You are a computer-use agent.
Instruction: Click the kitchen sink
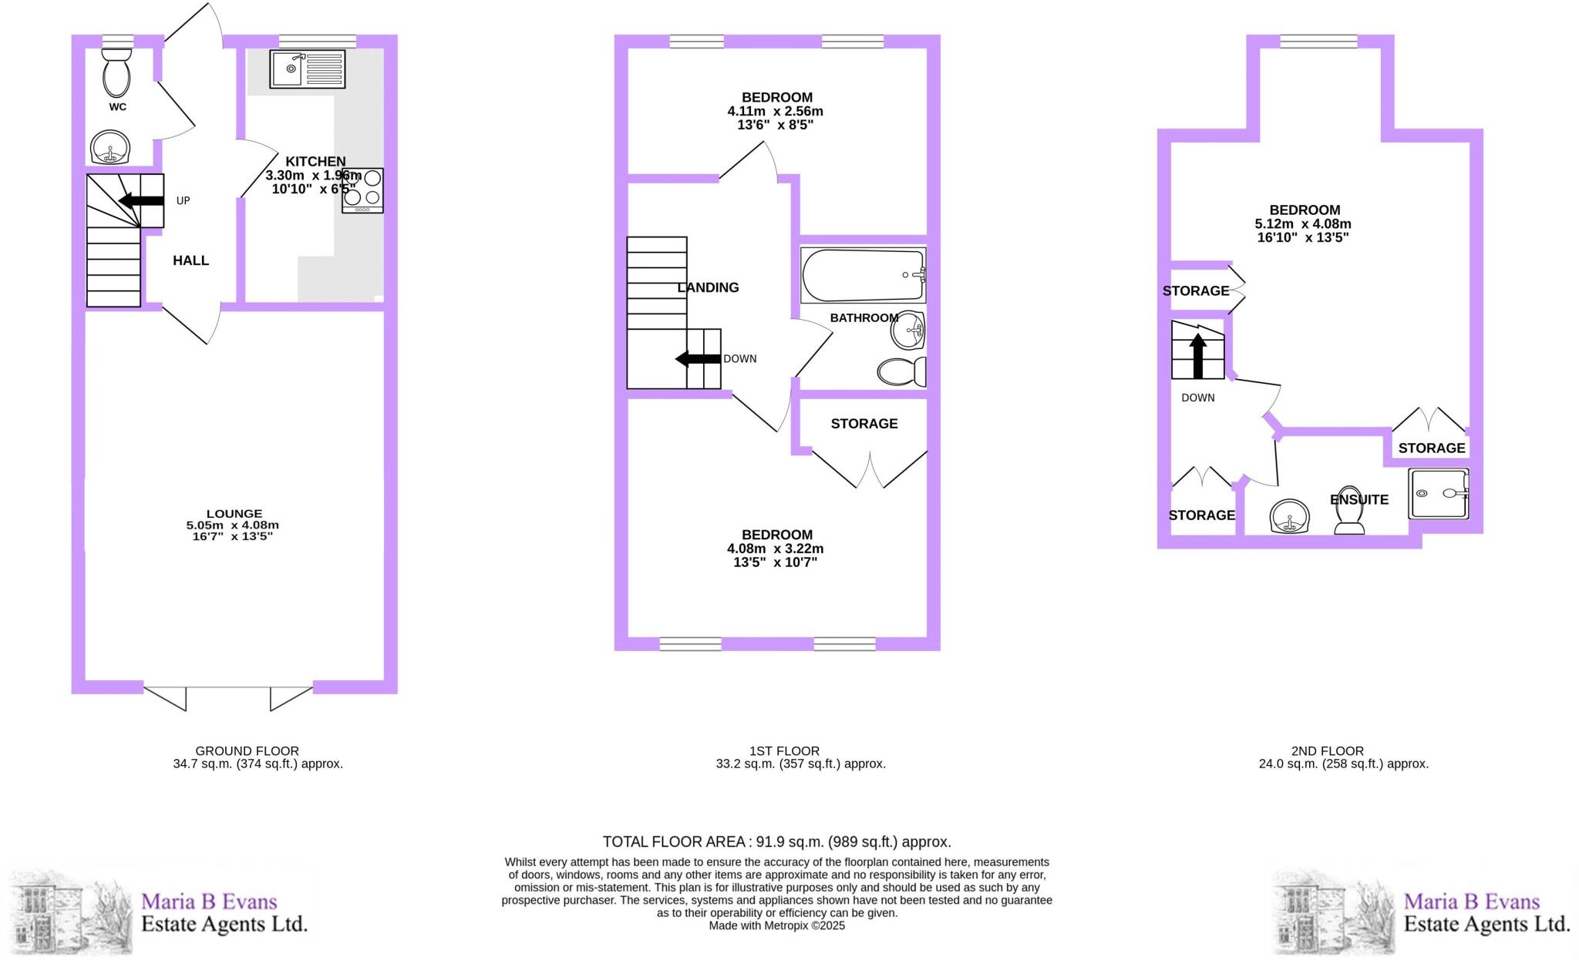tap(307, 69)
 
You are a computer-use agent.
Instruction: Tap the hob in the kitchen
tap(362, 190)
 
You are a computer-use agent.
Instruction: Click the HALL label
tap(190, 260)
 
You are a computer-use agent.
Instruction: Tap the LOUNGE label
tap(234, 514)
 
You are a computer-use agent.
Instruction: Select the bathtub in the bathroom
tap(862, 275)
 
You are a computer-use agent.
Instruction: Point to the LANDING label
tap(708, 287)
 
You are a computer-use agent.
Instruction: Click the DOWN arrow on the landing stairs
tap(698, 359)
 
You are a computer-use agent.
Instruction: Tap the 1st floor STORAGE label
tap(864, 424)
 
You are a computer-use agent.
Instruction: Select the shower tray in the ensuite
tap(1438, 493)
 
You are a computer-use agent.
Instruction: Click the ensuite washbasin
tap(1290, 515)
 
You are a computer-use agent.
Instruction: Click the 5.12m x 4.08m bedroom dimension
tap(1303, 224)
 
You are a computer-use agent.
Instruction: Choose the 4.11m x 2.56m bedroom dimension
tap(775, 111)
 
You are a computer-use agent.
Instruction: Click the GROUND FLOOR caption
tap(247, 750)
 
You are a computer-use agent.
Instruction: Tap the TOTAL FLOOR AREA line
tap(776, 842)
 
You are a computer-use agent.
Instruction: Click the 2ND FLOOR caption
tap(1327, 750)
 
